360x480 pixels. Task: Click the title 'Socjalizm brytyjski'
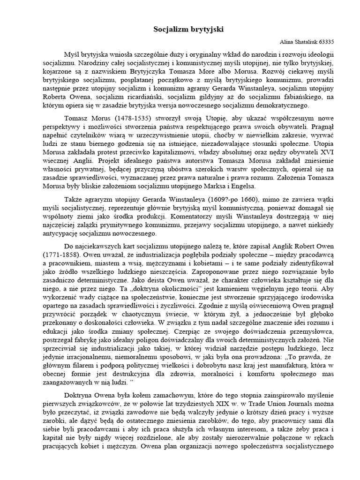click(x=182, y=30)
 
